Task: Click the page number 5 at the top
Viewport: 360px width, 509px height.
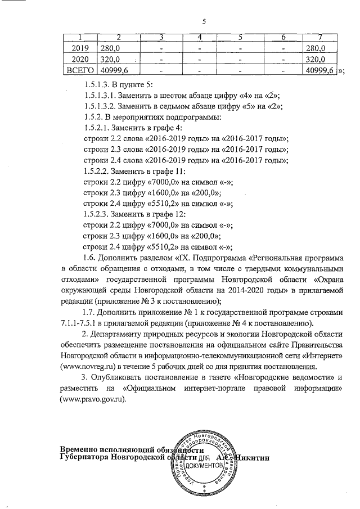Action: click(204, 22)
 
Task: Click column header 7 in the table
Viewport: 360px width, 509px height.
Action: click(319, 38)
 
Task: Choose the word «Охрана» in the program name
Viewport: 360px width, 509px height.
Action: click(327, 280)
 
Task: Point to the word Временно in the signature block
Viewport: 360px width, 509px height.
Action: click(82, 448)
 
